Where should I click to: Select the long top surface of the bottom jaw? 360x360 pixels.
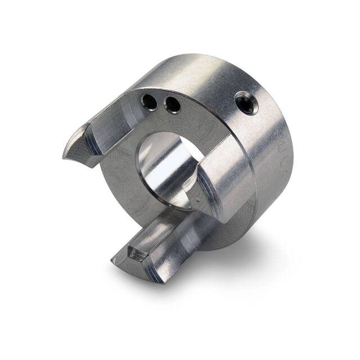point(169,236)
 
